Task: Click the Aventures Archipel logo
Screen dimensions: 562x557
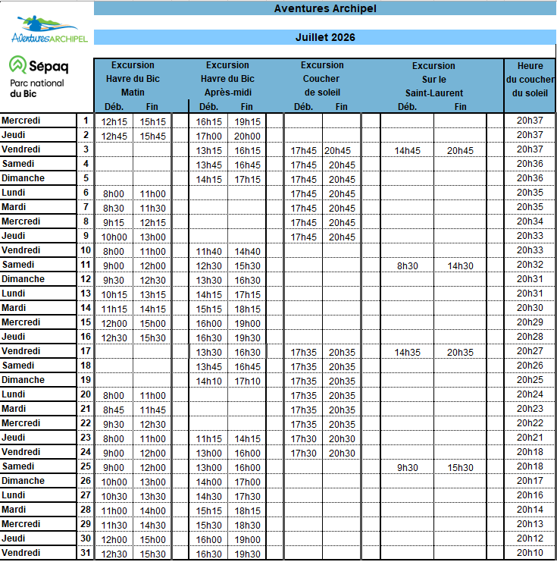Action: pos(49,28)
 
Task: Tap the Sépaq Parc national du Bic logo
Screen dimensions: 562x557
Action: pos(39,77)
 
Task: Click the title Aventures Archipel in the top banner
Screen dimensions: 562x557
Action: pos(325,9)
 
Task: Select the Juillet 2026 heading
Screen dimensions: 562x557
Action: pos(325,37)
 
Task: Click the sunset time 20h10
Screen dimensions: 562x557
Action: pos(530,553)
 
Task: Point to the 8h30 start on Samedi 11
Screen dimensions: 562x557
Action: pos(408,265)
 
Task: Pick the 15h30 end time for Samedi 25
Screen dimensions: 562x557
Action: pos(460,467)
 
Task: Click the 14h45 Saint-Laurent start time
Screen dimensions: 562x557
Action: pos(408,151)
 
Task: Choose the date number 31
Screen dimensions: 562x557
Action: pos(86,553)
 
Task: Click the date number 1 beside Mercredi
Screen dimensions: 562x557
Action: pos(86,121)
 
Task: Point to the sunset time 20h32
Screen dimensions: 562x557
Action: pos(530,265)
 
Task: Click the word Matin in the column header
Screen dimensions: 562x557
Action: pos(133,93)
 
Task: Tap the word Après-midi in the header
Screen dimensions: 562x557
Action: pos(227,93)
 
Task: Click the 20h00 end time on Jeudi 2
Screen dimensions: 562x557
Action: pos(247,136)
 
